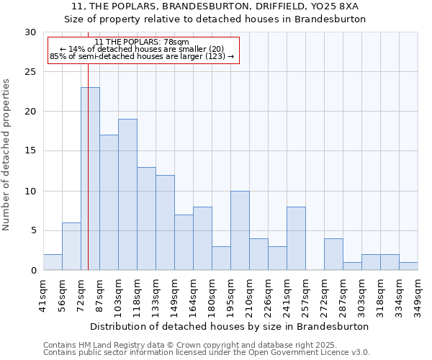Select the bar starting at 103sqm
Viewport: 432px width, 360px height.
[127, 194]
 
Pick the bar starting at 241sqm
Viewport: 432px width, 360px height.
[296, 238]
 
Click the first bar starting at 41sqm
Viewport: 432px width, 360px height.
[53, 262]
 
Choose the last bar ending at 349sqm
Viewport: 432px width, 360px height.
[408, 266]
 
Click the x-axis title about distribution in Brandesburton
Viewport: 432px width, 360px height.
[230, 326]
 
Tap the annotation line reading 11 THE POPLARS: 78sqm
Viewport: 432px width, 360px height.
[142, 42]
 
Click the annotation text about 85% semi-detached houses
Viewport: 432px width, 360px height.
[142, 56]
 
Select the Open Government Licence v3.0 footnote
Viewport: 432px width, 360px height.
[207, 353]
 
